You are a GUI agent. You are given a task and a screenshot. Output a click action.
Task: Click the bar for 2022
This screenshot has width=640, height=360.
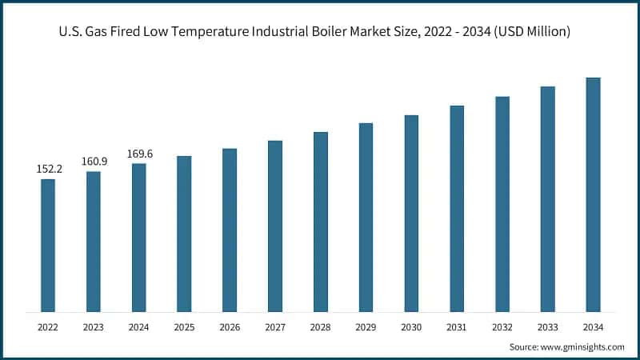48,245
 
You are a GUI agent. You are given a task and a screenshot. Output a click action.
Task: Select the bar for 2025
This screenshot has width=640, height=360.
184,234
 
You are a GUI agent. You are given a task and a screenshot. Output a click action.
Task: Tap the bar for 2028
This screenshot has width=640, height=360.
320,222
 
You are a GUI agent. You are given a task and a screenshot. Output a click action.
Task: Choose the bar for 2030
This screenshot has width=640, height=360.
411,213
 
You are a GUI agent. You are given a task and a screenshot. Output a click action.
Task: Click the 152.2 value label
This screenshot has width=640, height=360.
48,169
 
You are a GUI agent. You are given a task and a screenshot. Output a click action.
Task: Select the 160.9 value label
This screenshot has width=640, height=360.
94,162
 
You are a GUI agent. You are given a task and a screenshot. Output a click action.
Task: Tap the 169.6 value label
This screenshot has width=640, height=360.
139,154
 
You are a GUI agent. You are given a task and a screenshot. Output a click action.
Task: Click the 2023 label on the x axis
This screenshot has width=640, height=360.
94,326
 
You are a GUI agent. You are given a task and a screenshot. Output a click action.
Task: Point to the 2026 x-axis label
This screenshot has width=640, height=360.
230,326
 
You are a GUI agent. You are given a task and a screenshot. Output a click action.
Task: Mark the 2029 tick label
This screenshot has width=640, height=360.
366,326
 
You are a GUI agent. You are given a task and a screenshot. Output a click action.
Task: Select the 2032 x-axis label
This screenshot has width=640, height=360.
502,326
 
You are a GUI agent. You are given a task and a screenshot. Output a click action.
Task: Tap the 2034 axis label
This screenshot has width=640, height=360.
593,326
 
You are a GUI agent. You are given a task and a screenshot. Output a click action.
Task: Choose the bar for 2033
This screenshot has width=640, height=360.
547,199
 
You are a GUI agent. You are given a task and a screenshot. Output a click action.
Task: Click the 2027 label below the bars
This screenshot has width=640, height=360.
275,326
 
